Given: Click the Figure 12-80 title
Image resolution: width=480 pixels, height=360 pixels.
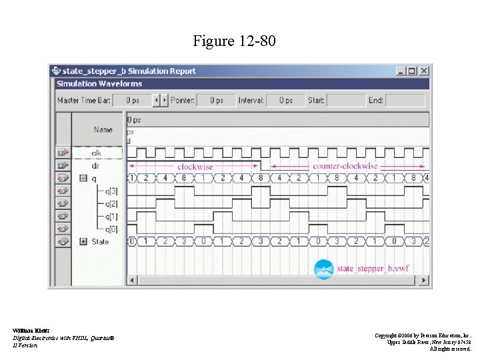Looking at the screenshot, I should click(233, 41).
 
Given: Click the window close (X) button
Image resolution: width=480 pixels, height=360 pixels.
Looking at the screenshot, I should click(425, 71).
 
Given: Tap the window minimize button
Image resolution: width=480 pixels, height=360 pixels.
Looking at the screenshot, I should click(399, 71).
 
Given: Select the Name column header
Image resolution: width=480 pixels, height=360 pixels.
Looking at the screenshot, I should click(103, 129).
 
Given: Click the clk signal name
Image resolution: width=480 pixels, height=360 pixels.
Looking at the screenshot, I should click(97, 153).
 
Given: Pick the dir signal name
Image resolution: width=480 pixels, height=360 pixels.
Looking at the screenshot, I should click(96, 165).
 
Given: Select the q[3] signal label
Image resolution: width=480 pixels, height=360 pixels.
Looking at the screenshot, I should click(111, 191).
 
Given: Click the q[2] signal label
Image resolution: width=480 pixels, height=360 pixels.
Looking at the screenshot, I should click(111, 203).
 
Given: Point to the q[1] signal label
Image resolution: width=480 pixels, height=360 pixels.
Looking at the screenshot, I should click(111, 216).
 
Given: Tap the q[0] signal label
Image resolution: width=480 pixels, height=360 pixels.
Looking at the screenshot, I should click(111, 229).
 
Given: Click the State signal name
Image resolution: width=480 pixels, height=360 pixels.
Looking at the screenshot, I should click(100, 241).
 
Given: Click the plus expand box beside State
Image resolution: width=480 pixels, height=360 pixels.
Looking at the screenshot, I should click(83, 241).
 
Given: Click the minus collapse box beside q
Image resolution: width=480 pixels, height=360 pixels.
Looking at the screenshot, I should click(83, 178).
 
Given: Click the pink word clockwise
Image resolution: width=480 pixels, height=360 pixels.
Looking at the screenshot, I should click(195, 166).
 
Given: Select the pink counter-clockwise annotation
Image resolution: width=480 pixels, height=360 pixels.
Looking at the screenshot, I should click(345, 166).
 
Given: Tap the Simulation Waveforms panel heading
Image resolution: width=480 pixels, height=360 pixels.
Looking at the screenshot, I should click(99, 84).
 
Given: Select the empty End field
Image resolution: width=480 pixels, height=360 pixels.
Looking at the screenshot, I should click(405, 101).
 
